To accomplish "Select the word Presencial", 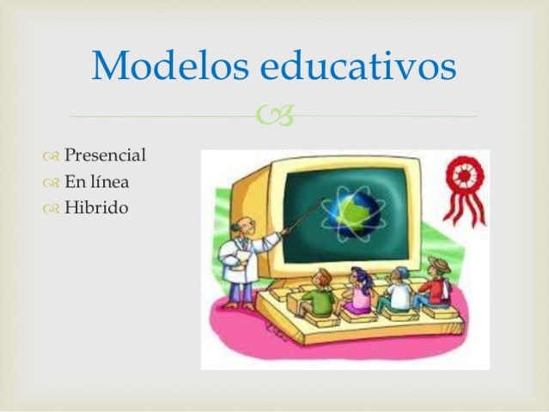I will [x=105, y=156].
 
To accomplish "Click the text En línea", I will [x=96, y=181].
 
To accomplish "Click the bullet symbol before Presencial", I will [x=50, y=157].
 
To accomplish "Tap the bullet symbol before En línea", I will [x=50, y=182].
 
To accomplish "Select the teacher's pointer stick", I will [x=292, y=218].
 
